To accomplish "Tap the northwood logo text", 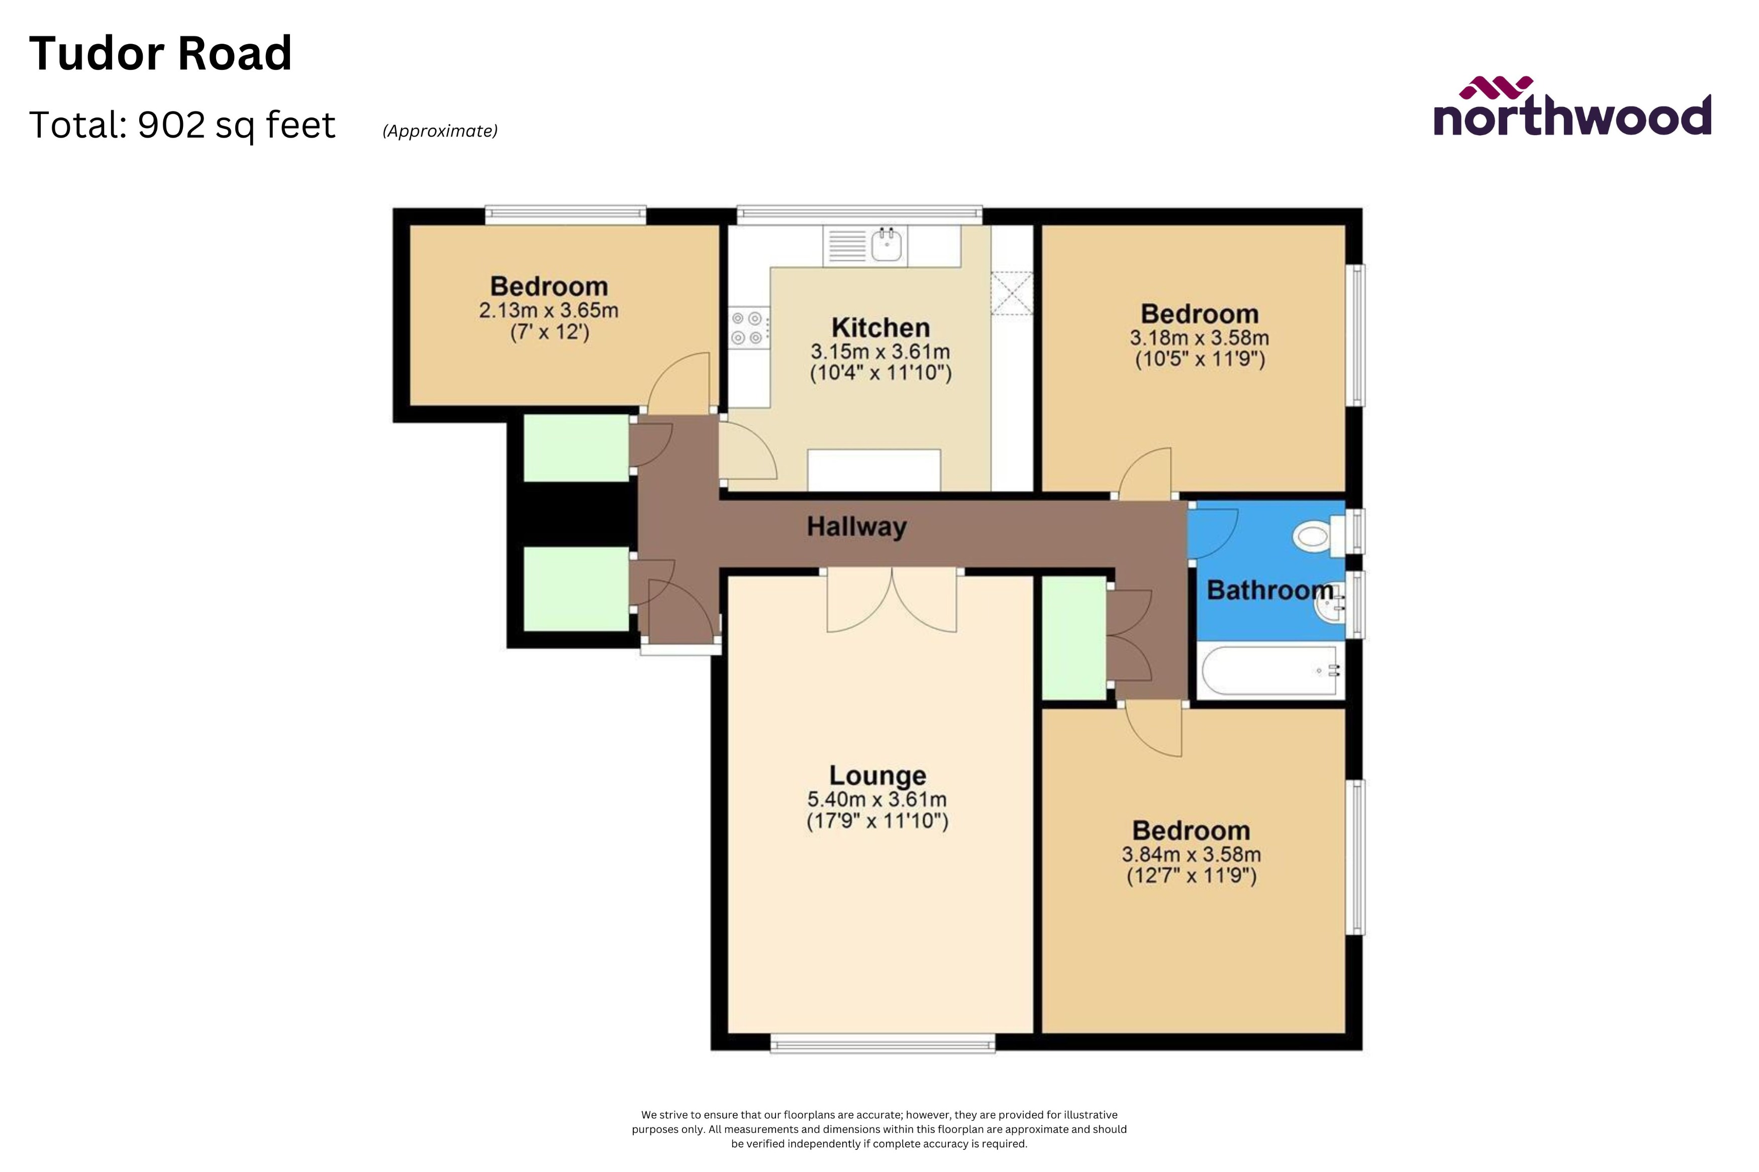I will [x=1571, y=118].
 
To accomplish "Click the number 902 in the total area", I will [x=171, y=125].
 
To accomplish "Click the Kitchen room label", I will [x=880, y=327].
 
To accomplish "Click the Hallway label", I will [x=856, y=527].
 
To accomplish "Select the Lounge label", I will [x=877, y=776].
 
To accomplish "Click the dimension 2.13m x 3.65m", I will [x=548, y=310].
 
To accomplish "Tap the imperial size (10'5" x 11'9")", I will [x=1200, y=360].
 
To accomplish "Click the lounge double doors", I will [x=892, y=602].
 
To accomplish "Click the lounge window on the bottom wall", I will [x=883, y=1043].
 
